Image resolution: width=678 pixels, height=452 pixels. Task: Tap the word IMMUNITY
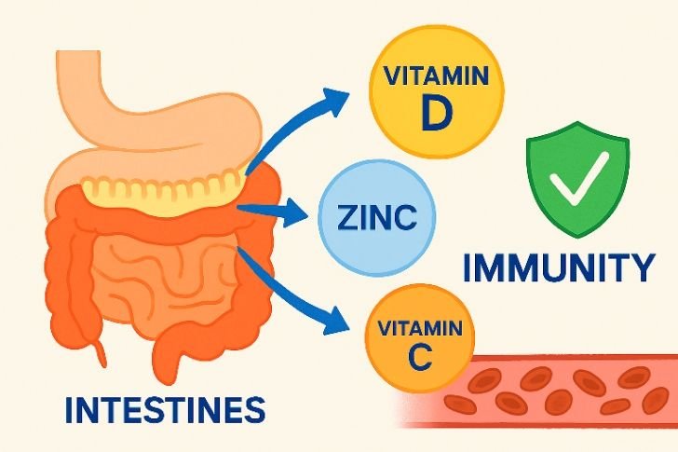point(560,267)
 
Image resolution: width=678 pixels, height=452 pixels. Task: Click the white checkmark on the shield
point(578,180)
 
